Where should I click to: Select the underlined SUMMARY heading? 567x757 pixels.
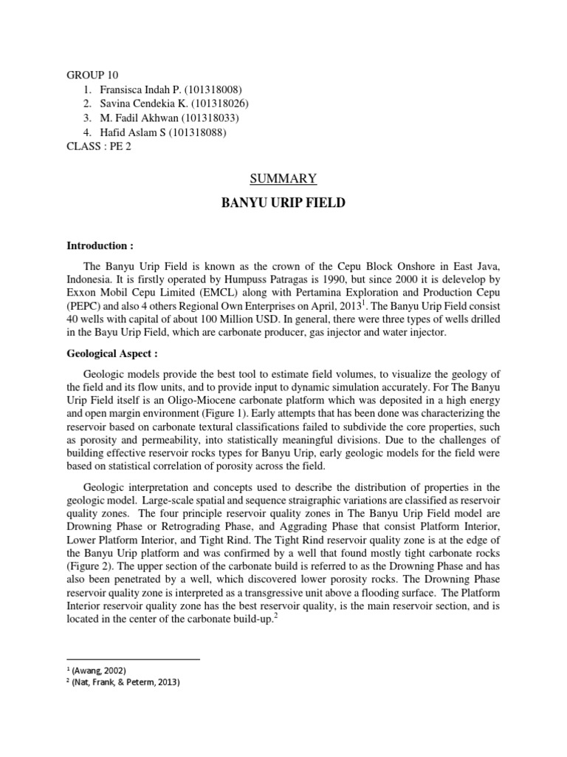coord(284,178)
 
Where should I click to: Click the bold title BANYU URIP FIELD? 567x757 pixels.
coord(283,203)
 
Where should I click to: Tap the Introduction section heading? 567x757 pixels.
coord(100,245)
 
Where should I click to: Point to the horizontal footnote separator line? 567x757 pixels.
coord(133,658)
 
